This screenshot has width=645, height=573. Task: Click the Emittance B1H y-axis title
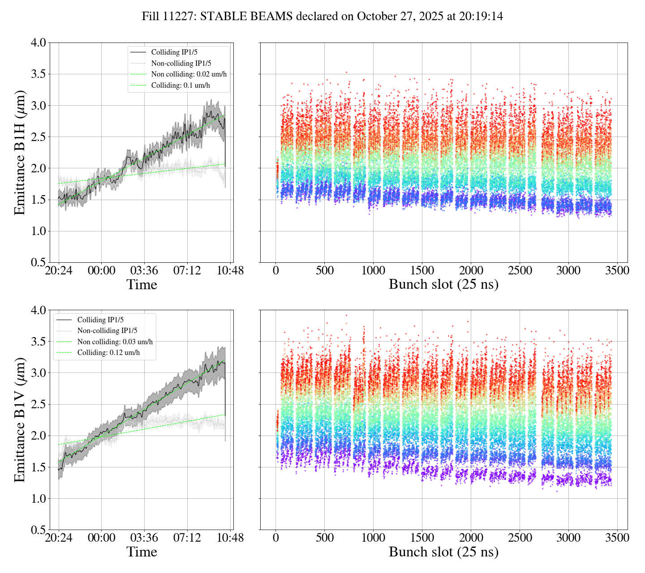(x=20, y=153)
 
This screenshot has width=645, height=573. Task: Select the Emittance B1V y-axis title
(x=20, y=420)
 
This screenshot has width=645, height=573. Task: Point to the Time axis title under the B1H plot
(x=142, y=285)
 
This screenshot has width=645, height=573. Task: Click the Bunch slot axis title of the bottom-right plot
(x=443, y=552)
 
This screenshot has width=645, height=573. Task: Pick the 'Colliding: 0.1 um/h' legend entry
(x=181, y=85)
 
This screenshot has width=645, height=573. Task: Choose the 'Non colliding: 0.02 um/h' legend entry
(x=189, y=74)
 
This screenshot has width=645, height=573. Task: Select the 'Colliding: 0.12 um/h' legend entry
(x=108, y=353)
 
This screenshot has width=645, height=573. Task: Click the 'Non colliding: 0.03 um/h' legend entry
(x=115, y=342)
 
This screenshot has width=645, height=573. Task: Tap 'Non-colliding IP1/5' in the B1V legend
(x=107, y=331)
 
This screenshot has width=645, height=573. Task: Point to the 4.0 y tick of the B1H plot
(x=38, y=43)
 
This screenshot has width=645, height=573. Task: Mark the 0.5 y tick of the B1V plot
(x=38, y=530)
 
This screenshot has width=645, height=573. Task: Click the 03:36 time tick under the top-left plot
(x=144, y=270)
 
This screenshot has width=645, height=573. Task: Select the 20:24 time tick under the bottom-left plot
(x=58, y=538)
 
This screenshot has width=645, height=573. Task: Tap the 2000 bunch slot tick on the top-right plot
(x=471, y=270)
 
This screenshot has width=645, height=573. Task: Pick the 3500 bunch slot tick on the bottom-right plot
(x=617, y=538)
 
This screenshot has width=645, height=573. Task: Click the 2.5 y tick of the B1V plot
(x=38, y=405)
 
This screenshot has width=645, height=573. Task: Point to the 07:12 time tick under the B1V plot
(x=187, y=538)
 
